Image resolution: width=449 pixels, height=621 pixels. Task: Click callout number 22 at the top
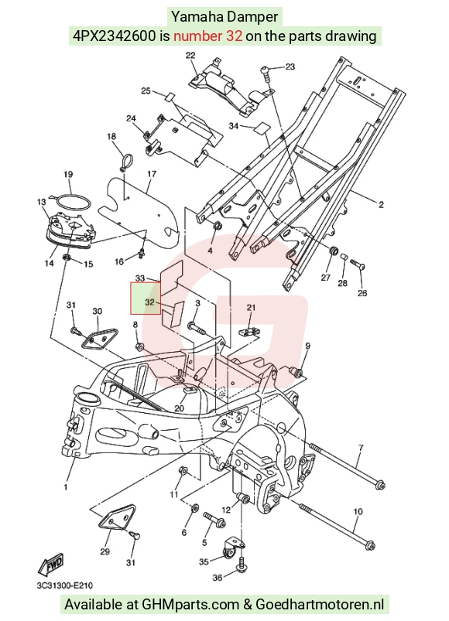point(190,55)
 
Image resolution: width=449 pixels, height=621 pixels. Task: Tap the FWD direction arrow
point(50,564)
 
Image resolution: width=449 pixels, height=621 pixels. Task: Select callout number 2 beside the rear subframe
point(381,204)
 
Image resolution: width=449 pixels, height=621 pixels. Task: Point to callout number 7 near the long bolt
point(361,448)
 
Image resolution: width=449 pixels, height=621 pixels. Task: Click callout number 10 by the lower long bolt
point(358,512)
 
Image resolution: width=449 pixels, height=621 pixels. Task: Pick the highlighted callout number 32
point(149,302)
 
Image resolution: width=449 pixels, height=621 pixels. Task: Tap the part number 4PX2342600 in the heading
point(114,36)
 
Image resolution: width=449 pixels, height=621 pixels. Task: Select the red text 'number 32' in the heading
point(207,36)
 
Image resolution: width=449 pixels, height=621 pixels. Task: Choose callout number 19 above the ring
point(68,174)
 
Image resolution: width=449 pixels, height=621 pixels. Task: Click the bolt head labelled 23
point(266,71)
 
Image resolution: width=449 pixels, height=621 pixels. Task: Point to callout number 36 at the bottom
point(218,578)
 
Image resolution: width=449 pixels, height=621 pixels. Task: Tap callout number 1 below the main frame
point(66,486)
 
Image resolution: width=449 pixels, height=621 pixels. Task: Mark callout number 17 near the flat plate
point(152,174)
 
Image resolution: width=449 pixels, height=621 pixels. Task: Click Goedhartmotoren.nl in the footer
point(320,604)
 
